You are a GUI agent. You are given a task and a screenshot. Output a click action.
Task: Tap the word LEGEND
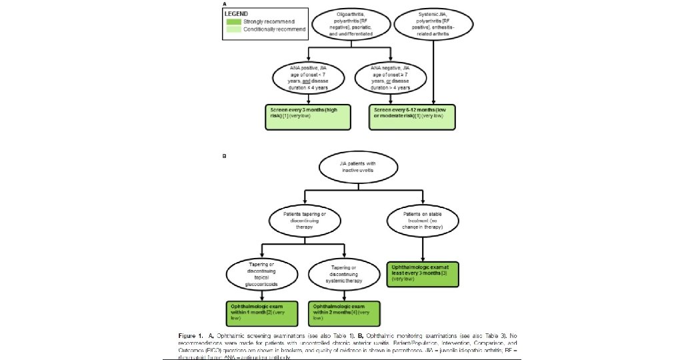pos(238,13)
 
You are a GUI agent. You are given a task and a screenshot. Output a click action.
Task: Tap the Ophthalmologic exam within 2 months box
pos(344,311)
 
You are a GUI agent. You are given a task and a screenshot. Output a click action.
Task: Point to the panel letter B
pos(224,157)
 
